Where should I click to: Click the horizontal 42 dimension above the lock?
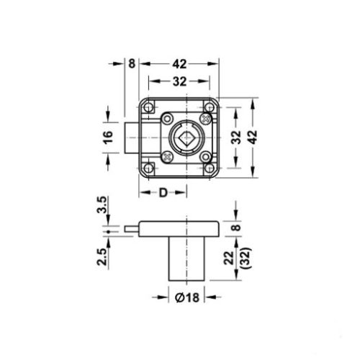(180, 63)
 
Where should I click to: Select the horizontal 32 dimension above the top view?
(180, 81)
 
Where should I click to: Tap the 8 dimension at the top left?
(130, 63)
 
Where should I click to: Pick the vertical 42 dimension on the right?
(252, 137)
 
